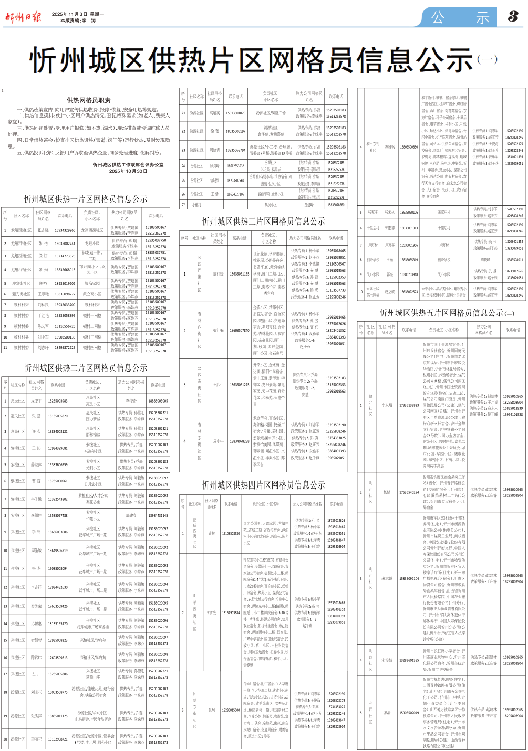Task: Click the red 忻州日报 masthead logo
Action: (23, 17)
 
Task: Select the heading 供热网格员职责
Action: (88, 100)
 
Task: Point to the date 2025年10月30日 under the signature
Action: (128, 171)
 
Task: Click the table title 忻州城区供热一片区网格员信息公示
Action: (86, 199)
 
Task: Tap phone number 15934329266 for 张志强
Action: (65, 230)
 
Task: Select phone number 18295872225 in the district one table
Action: (65, 347)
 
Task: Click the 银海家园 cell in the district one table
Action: (92, 283)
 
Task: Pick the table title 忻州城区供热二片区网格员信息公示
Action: (86, 367)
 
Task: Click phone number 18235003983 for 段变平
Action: (58, 401)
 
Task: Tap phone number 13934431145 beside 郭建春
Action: (158, 515)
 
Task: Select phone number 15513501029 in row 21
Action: (236, 113)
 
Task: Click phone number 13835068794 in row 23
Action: (236, 150)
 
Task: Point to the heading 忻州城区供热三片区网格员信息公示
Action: (263, 221)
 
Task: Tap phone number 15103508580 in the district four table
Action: (231, 533)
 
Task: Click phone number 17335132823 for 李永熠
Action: (409, 405)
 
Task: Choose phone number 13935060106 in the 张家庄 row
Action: (409, 213)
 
